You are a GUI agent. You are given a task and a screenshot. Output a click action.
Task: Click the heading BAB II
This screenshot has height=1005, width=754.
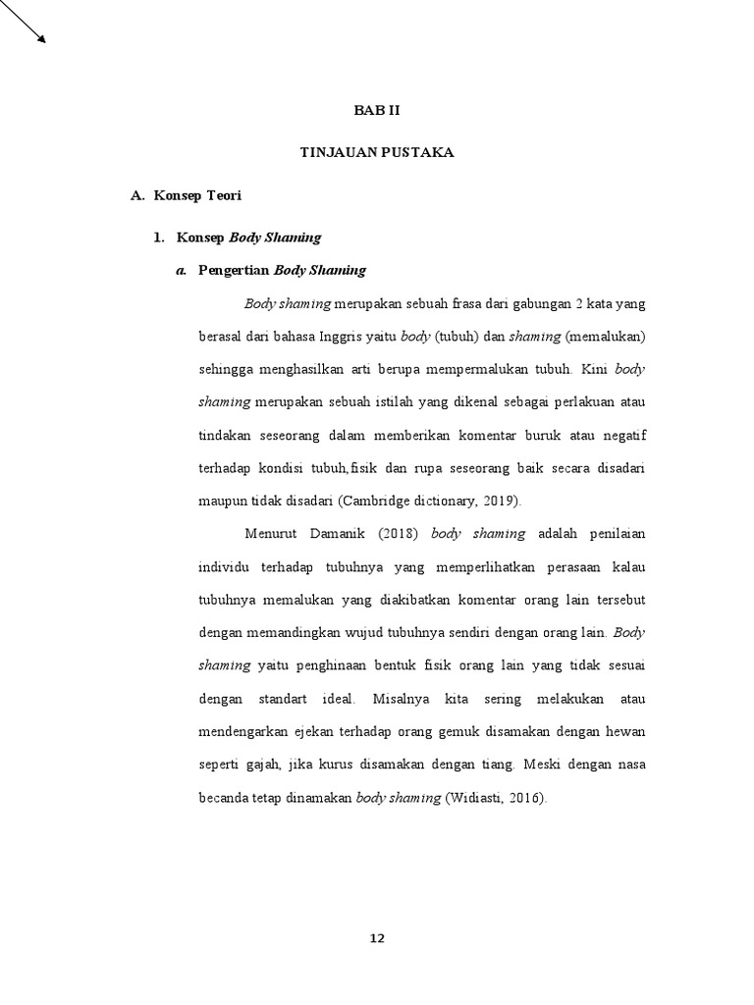pyautogui.click(x=377, y=110)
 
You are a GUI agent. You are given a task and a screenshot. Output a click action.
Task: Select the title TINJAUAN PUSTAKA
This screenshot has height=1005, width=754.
pyautogui.click(x=377, y=153)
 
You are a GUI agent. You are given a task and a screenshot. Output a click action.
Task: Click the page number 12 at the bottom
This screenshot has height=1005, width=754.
pyautogui.click(x=377, y=938)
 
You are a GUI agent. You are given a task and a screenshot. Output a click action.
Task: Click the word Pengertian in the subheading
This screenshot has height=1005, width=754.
pyautogui.click(x=234, y=270)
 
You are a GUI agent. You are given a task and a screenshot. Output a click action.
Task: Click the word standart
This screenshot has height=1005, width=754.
pyautogui.click(x=286, y=699)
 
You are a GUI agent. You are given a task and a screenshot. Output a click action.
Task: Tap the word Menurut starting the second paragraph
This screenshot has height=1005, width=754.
pyautogui.click(x=267, y=534)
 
